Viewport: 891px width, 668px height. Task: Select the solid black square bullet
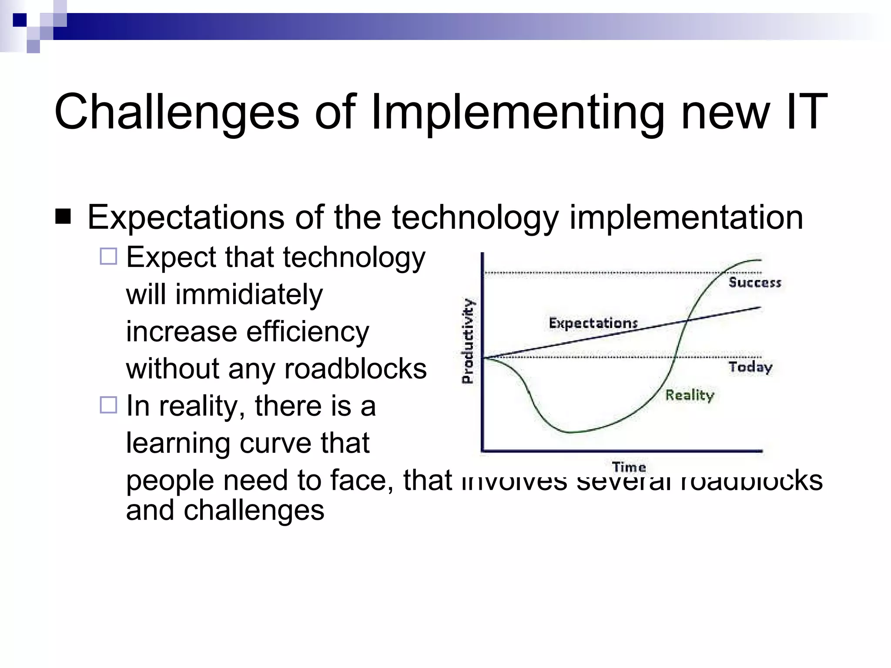(64, 216)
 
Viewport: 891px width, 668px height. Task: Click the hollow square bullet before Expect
(108, 256)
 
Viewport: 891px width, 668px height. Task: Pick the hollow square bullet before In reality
(108, 405)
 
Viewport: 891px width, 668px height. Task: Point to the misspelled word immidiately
(249, 294)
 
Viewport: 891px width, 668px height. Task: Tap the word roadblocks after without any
(355, 369)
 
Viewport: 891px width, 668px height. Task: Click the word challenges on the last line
(254, 510)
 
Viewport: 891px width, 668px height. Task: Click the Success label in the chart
(755, 283)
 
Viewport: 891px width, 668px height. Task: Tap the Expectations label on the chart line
(593, 323)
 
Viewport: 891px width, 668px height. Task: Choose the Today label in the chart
(750, 367)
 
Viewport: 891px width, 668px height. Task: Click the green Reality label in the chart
(690, 395)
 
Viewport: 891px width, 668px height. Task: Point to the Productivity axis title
(467, 341)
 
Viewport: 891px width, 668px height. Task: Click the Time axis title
(629, 467)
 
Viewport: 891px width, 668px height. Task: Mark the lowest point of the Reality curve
(569, 432)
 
